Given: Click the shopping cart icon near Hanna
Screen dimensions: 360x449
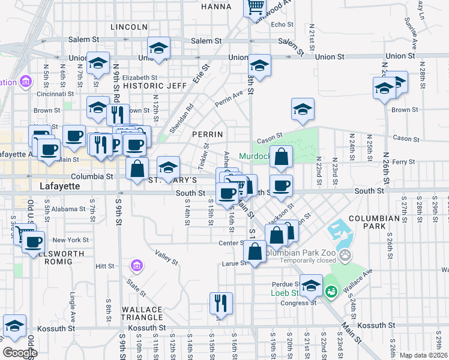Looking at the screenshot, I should pos(255,7).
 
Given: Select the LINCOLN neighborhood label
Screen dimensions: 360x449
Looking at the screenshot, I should pos(129,27).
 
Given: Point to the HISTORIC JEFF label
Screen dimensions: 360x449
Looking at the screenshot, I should pos(146,86).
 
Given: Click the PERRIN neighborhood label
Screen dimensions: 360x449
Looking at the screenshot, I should pos(208,134).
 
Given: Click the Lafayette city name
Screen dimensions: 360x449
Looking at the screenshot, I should pos(59,186).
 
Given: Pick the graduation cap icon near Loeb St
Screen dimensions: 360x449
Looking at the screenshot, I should pos(311,286).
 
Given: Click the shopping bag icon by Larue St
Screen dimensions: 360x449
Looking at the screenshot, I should pos(255,251).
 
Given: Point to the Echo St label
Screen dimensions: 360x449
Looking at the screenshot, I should pos(282,25).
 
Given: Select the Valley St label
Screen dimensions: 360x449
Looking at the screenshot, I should pos(167,257).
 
